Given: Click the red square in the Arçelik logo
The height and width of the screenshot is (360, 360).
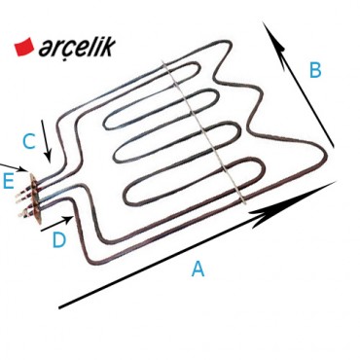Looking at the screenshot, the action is pos(22,45).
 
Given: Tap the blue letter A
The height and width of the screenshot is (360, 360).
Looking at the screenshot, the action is pos(198,270).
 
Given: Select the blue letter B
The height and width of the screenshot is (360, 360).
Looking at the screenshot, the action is pos(315,70).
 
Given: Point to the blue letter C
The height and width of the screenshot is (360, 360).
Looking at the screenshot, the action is pos(29,142).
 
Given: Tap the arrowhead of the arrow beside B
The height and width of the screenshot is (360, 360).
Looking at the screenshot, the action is pos(275,39).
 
